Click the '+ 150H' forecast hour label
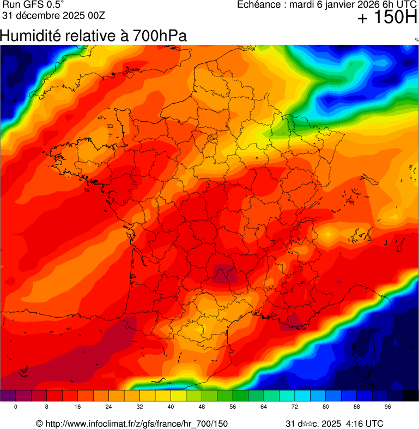387,19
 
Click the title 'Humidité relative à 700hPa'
93,36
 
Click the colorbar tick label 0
16,407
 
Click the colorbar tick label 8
47,407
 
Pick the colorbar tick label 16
78,407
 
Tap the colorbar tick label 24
109,407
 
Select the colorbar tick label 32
140,407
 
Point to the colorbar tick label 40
171,407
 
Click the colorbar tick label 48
202,407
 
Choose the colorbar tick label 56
233,407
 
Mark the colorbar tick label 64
264,407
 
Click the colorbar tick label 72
295,407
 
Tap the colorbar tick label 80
326,407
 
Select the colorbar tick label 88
357,407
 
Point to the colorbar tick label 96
388,407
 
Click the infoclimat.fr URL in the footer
136,424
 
